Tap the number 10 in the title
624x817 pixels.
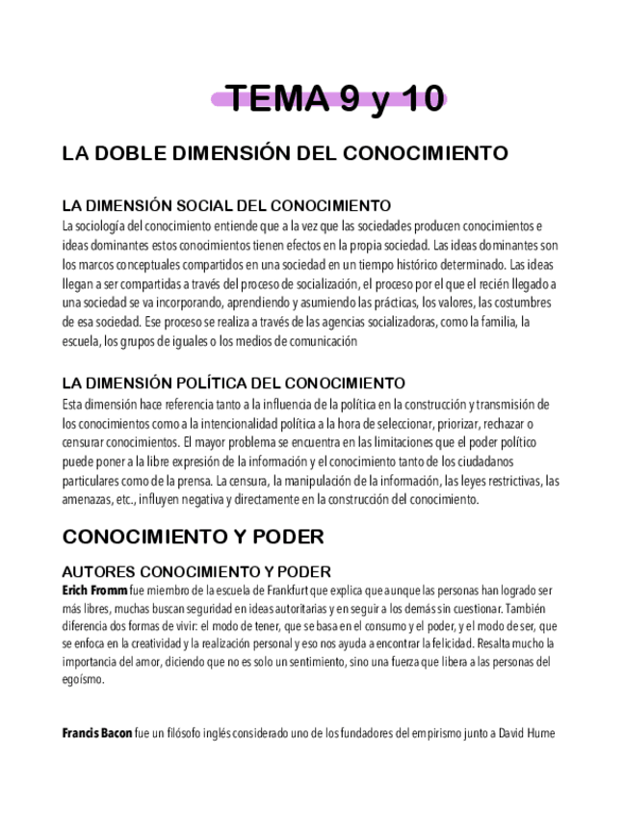click(416, 99)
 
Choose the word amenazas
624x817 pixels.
click(88, 499)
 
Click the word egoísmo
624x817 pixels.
click(82, 679)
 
